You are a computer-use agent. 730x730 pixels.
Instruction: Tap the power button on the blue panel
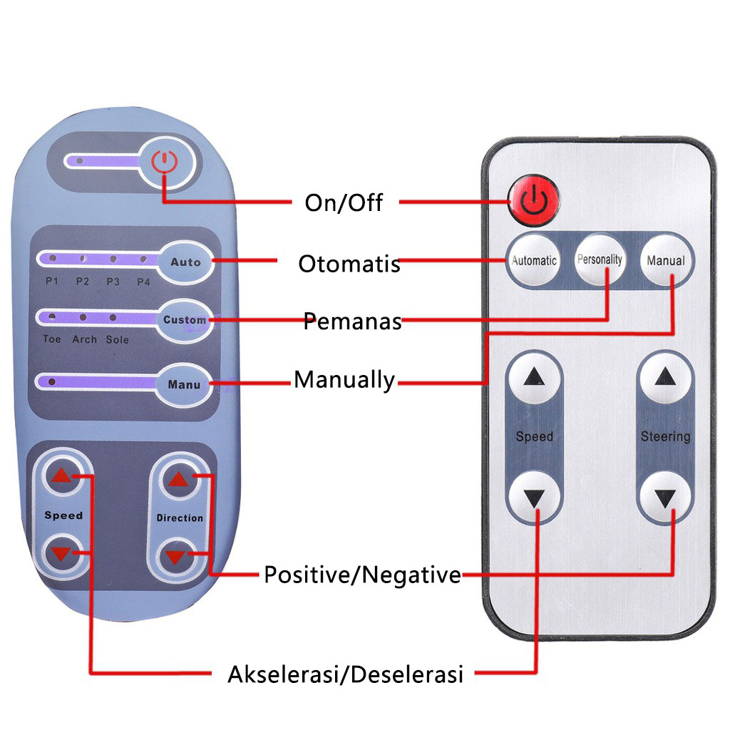coord(165,162)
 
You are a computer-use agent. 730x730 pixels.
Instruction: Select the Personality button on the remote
coord(600,260)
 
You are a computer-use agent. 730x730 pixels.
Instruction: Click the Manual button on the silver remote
coord(665,260)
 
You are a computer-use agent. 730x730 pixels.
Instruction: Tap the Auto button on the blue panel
coord(185,262)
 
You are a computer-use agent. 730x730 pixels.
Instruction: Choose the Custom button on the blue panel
coord(184,319)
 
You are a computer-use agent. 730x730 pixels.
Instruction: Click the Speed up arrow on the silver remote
coord(534,379)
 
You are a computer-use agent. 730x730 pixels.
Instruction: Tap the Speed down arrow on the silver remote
coord(534,497)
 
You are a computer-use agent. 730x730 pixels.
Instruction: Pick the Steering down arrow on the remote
coord(665,497)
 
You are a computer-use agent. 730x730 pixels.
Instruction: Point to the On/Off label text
coord(344,203)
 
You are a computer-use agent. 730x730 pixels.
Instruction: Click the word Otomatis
coord(349,264)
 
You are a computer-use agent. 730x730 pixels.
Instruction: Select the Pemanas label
coord(352,321)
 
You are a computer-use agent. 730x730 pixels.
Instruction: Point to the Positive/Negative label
coord(362,575)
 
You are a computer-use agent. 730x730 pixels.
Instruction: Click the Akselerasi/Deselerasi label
coord(345,674)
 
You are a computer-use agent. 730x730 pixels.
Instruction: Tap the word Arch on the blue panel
coord(84,340)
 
